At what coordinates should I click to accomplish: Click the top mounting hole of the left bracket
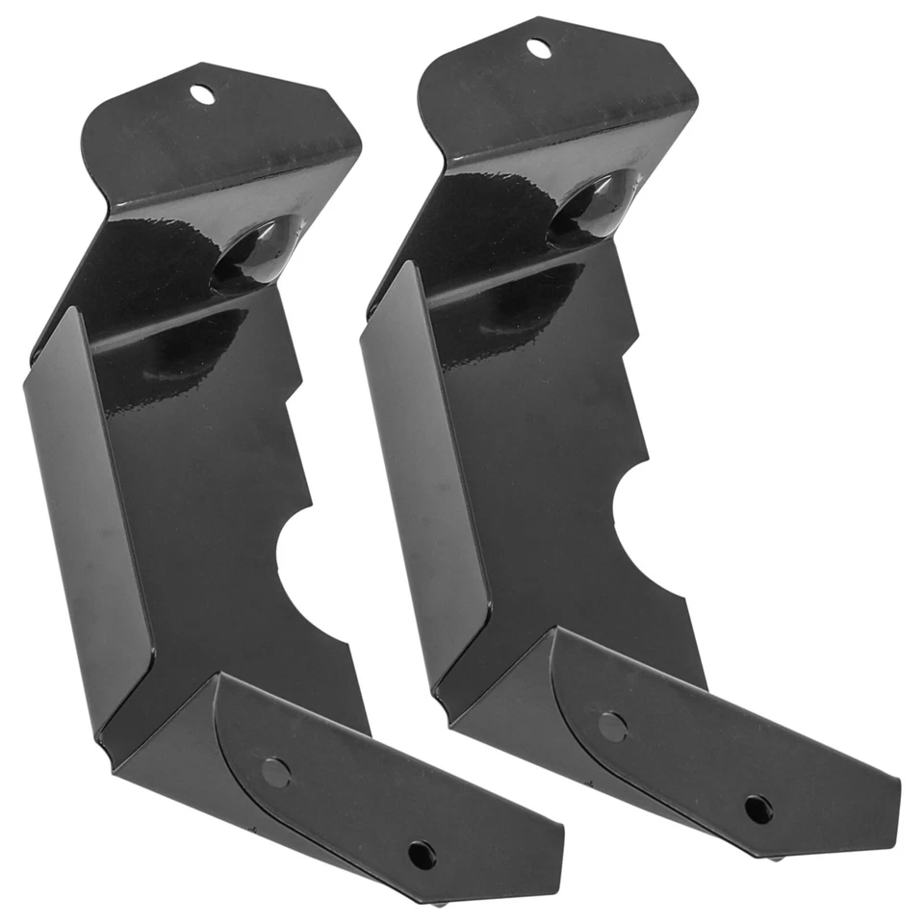202,93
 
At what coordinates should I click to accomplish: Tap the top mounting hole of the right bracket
539,47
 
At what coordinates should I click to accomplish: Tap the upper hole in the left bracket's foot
274,771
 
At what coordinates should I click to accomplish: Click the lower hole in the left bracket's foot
421,854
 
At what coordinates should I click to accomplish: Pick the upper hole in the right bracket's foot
611,726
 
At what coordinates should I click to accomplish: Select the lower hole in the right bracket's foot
757,808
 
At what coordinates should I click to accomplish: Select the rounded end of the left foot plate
231,712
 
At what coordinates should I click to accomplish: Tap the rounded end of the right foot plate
568,664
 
